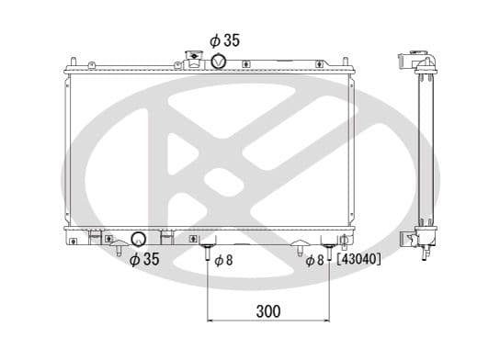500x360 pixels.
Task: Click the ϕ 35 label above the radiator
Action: tap(224, 40)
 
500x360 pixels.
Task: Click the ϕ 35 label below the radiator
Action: tap(144, 260)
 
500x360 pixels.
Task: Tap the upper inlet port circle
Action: tap(220, 61)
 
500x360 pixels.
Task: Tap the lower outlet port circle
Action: tap(139, 241)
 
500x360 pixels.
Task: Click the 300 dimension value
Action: tap(267, 311)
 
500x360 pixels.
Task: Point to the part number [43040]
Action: tap(359, 260)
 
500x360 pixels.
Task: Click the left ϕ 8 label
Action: tap(223, 260)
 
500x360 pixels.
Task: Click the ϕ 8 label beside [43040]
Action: tap(315, 260)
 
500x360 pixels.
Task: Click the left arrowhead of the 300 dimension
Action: tap(212, 321)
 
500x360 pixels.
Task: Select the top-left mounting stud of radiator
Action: tap(92, 62)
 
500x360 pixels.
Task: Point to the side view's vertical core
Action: tap(426, 147)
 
